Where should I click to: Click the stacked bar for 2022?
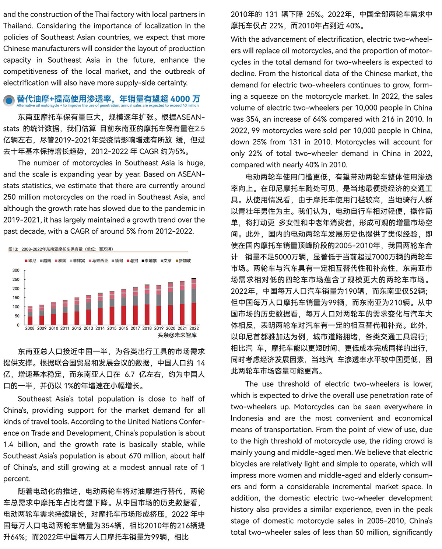tap(194, 301)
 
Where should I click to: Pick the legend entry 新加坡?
tap(183, 261)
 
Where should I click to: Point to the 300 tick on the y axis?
tap(16, 270)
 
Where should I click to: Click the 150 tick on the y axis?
tap(16, 298)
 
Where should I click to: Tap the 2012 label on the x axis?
tap(77, 328)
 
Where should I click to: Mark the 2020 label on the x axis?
tap(171, 328)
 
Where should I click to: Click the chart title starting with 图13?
tap(61, 249)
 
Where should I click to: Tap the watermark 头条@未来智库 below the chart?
tap(177, 335)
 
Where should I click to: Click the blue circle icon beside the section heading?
tap(9, 100)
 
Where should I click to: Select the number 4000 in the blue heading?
tap(180, 99)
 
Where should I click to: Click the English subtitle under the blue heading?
tap(108, 106)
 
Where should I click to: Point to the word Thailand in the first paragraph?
tap(17, 26)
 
